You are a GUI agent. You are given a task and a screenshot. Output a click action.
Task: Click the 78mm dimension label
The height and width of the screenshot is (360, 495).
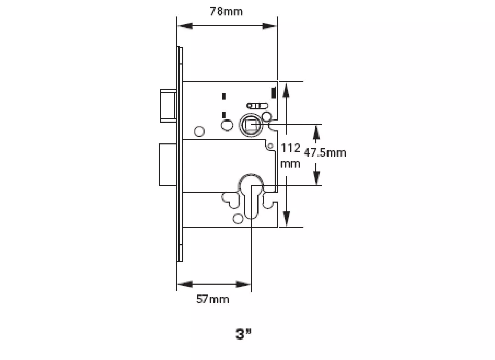click(x=226, y=11)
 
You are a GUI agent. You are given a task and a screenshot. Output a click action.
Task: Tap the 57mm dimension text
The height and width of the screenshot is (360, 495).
click(x=212, y=299)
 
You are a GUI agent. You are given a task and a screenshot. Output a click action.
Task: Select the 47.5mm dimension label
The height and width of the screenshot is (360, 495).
click(x=325, y=153)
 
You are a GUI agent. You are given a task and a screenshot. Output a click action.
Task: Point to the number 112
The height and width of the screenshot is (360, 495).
click(x=290, y=148)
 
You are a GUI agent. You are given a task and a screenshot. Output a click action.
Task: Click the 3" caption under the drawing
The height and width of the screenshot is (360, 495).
click(x=243, y=334)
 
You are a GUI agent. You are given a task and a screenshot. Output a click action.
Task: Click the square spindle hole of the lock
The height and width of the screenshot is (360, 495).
click(x=251, y=125)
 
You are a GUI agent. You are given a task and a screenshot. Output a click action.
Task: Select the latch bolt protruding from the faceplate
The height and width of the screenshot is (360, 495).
click(x=167, y=106)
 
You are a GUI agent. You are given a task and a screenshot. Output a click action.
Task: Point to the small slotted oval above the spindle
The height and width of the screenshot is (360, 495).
click(x=257, y=106)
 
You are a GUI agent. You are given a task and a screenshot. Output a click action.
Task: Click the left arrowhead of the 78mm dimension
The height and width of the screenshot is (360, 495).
click(x=185, y=26)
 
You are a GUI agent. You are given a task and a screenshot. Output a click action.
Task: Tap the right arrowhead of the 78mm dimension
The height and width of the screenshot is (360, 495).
click(x=269, y=26)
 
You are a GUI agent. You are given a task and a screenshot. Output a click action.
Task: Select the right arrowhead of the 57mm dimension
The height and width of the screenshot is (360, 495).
click(x=243, y=284)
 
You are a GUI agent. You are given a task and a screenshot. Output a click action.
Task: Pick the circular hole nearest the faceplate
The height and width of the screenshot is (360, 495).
click(x=199, y=131)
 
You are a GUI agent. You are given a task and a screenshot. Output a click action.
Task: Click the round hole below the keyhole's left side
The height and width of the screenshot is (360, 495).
click(x=238, y=219)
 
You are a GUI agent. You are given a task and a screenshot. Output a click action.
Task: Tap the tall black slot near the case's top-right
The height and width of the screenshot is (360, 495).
click(x=274, y=92)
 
